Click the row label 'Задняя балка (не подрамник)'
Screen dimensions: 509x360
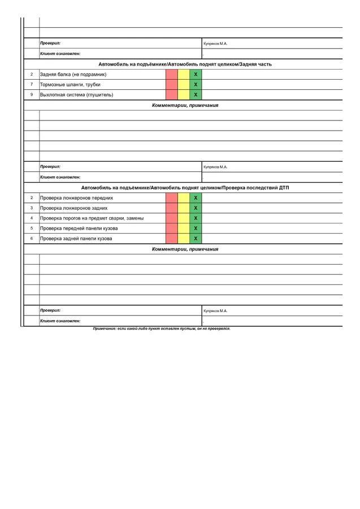click(73, 75)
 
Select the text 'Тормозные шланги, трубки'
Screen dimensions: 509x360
click(70, 85)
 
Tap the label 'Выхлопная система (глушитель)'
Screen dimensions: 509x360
click(76, 95)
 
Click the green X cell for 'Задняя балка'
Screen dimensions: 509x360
click(196, 75)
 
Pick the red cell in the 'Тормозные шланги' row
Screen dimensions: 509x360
click(172, 85)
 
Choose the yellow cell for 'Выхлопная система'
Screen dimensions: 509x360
click(184, 95)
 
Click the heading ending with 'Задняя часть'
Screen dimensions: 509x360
click(185, 64)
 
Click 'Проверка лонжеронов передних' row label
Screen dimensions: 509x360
click(76, 198)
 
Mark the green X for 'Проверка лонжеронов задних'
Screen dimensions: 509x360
click(196, 208)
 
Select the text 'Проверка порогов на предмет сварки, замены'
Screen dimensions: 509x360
click(92, 218)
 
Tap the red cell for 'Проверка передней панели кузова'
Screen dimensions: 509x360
click(172, 228)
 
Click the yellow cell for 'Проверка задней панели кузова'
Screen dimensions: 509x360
click(184, 239)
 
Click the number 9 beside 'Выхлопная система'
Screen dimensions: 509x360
click(32, 95)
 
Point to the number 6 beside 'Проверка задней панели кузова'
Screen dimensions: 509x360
click(32, 239)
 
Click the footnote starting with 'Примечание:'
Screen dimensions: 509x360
click(162, 329)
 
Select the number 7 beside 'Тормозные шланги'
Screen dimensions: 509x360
click(32, 85)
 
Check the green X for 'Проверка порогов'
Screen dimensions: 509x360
click(196, 218)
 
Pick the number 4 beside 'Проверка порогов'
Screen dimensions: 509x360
click(32, 218)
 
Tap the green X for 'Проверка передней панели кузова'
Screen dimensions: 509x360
click(196, 228)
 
